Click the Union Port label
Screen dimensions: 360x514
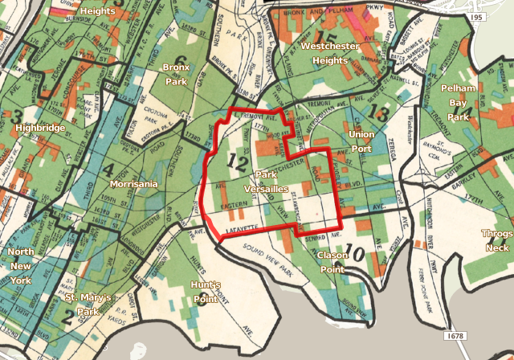(x=359, y=139)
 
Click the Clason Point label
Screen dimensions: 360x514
(x=332, y=261)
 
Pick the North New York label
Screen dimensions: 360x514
(x=20, y=266)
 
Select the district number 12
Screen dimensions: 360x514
(x=236, y=162)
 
